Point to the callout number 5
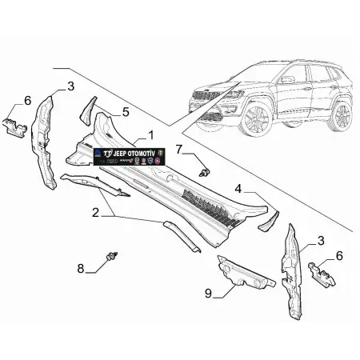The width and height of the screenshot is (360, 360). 126,112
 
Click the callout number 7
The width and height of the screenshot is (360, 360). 180,148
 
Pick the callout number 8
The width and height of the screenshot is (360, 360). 80,268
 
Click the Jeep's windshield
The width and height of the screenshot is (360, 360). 261,69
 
